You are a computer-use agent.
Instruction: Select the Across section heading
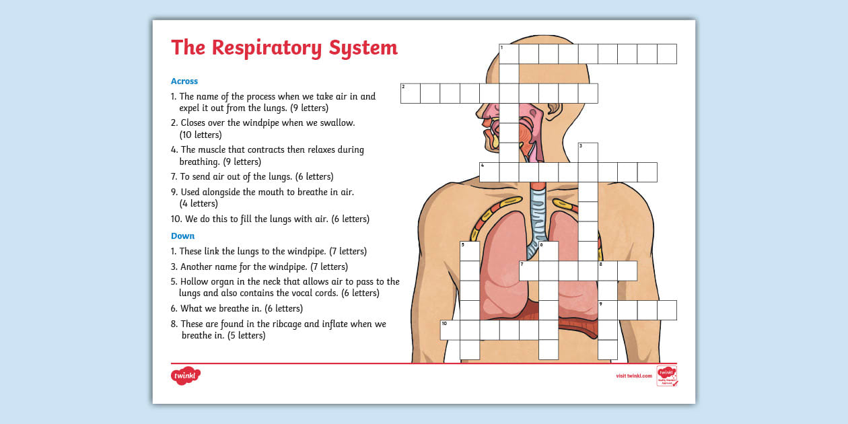coord(184,81)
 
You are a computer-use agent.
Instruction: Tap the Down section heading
coord(182,236)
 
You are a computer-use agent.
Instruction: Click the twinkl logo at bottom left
coord(186,376)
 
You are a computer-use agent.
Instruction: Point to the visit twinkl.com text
coord(634,376)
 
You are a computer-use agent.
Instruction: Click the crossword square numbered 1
coord(509,54)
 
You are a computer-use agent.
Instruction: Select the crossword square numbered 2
coord(411,94)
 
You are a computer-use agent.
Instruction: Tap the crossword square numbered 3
coord(588,152)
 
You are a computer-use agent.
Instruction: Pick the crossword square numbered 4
coord(489,172)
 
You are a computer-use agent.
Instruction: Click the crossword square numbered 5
coord(470,251)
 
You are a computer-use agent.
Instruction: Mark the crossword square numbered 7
coord(529,271)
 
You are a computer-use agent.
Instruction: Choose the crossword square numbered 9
coord(608,310)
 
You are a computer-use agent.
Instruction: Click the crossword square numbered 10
coord(450,330)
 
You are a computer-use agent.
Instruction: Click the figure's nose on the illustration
coord(479,110)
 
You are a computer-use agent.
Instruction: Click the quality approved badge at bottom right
coord(666,376)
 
